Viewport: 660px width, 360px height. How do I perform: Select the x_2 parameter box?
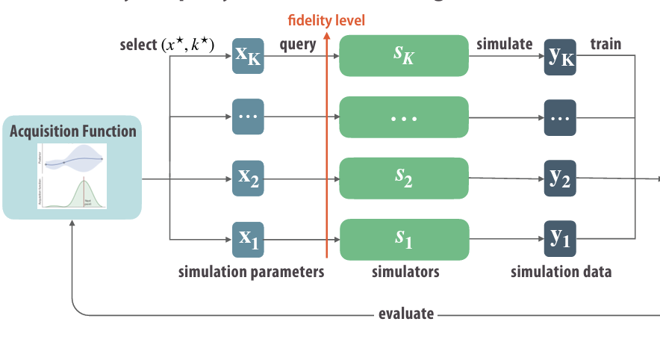tap(248, 178)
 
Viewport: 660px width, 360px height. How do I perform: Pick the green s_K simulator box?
tap(404, 55)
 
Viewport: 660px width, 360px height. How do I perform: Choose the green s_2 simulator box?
tap(404, 178)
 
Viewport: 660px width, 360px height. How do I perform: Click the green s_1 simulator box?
tap(404, 239)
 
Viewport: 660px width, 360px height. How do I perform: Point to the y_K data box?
tap(560, 58)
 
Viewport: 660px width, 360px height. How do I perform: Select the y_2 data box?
tap(560, 179)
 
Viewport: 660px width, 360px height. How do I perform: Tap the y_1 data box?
tap(560, 239)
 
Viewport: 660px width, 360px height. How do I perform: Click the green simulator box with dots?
tap(404, 117)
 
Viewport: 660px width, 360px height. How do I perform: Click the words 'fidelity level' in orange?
tap(327, 20)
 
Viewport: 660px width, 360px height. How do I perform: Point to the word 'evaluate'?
tap(407, 314)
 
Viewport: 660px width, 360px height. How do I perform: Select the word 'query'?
tap(298, 45)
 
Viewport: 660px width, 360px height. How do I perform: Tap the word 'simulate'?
tap(505, 45)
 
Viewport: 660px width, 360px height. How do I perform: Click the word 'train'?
tap(605, 45)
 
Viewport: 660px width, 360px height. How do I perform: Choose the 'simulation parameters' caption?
tap(252, 272)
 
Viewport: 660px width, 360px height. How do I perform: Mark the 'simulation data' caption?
tap(561, 272)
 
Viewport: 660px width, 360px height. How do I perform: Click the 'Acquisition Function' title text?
tap(72, 132)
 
